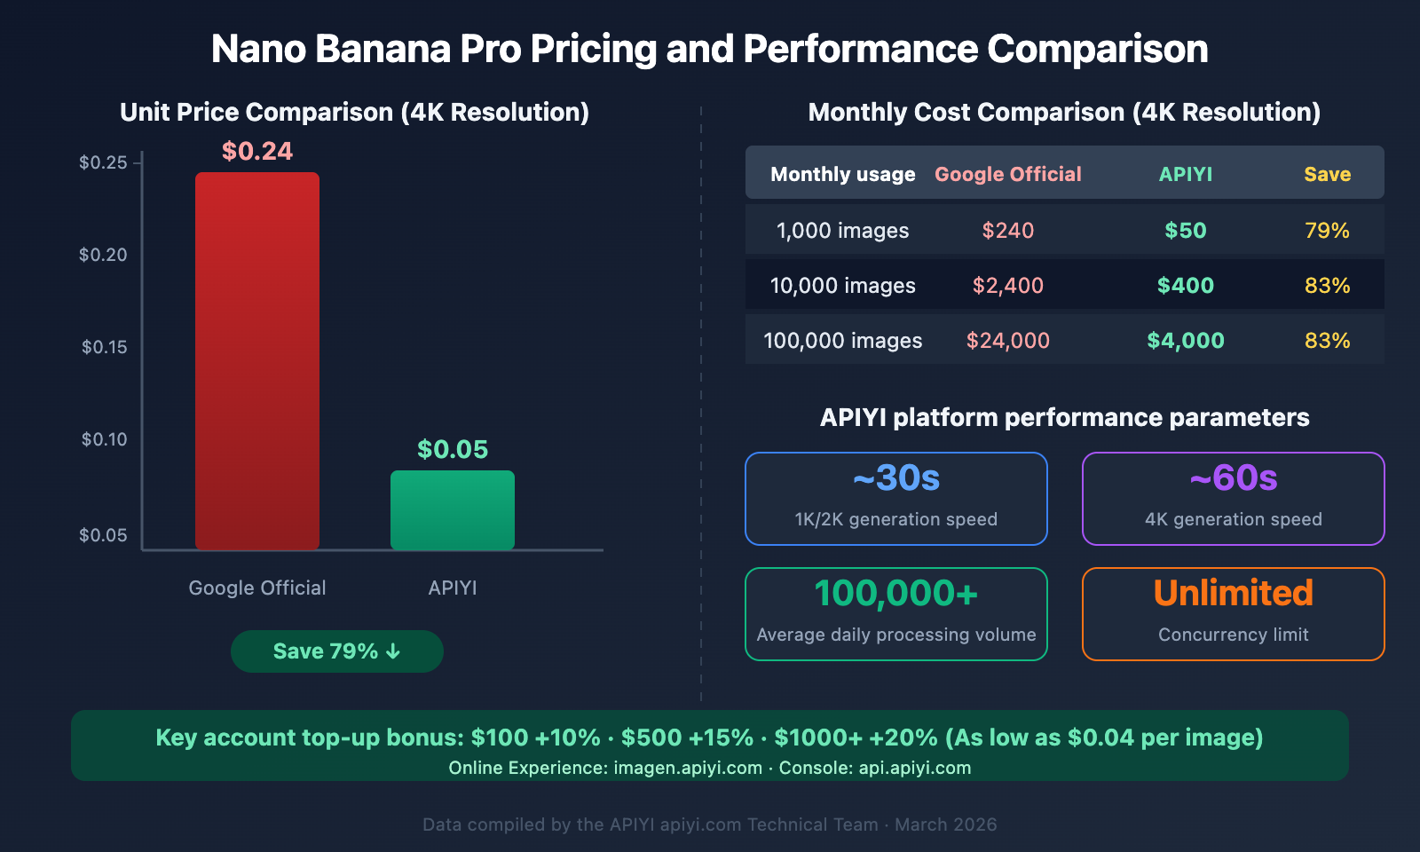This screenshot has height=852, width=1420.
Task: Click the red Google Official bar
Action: point(257,360)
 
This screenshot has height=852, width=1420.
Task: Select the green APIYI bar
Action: point(453,509)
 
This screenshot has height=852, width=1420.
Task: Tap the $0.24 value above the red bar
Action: point(257,152)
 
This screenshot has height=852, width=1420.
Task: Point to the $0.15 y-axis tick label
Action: point(104,347)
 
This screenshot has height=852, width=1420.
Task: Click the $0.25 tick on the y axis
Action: point(104,162)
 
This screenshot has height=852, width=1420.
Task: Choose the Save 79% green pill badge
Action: point(337,651)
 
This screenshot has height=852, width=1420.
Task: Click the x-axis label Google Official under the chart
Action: point(257,588)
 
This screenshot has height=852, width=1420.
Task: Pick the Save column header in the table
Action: point(1327,175)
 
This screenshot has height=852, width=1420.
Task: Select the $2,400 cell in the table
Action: point(1007,286)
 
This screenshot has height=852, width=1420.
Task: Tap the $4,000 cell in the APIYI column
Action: point(1185,341)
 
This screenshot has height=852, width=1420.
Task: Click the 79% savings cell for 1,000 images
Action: point(1327,231)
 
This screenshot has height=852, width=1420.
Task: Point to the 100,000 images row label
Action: point(842,341)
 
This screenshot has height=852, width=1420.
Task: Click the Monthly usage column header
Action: point(842,175)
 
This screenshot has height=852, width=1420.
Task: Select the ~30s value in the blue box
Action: point(896,478)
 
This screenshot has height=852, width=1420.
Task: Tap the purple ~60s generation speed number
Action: point(1234,478)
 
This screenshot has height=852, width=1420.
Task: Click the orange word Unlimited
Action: point(1234,593)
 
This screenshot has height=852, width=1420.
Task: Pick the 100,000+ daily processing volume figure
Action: point(896,593)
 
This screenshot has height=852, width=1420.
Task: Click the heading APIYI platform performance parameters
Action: point(1064,418)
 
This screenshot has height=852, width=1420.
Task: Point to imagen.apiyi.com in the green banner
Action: point(688,768)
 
